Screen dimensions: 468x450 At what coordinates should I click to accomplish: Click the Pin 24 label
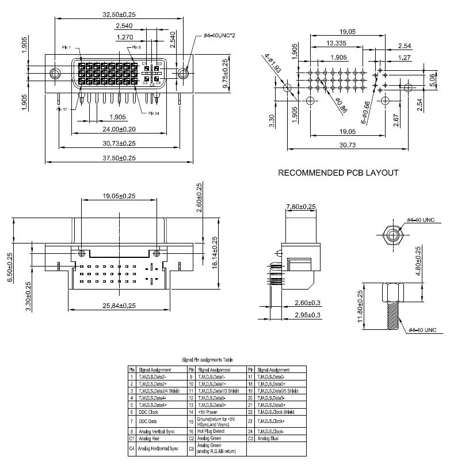click(x=154, y=113)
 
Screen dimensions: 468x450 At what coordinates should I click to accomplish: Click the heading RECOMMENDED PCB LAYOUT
click(x=338, y=173)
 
